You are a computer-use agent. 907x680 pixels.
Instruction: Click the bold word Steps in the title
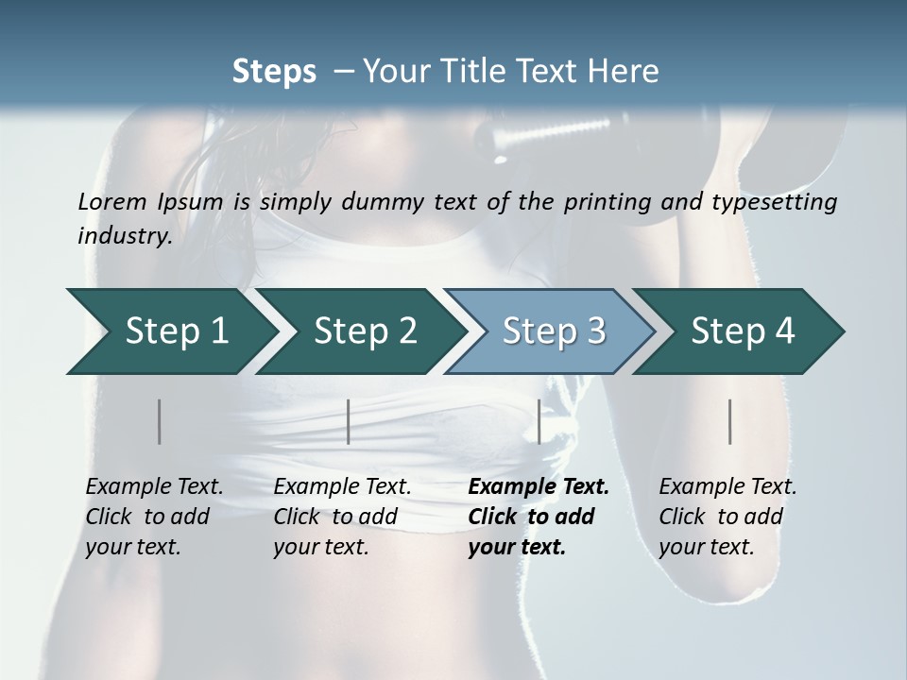pos(274,72)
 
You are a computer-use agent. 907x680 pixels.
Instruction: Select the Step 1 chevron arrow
pos(170,331)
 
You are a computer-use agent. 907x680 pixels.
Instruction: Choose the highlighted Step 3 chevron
pos(553,331)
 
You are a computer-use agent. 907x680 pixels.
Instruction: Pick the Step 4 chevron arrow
pos(742,331)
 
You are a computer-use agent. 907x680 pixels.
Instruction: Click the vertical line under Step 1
pos(160,421)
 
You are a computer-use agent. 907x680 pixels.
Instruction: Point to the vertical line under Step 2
pos(349,421)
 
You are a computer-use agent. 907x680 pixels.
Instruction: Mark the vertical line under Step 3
pos(539,421)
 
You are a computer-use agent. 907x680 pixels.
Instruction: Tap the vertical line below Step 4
pos(730,421)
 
